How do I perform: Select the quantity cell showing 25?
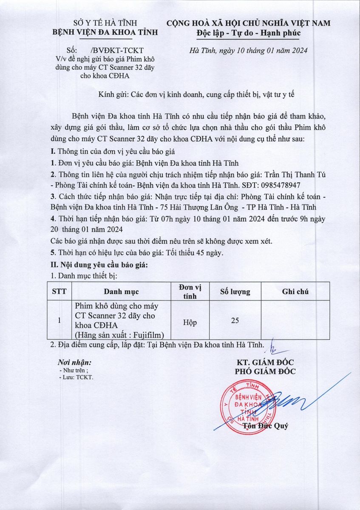235,321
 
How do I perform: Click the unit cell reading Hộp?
190,323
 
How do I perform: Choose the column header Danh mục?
121,292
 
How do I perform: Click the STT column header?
59,292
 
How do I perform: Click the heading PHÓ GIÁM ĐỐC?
266,371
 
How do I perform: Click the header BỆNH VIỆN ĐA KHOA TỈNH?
105,32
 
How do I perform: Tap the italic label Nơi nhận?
74,363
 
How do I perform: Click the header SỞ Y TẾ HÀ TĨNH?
104,23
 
